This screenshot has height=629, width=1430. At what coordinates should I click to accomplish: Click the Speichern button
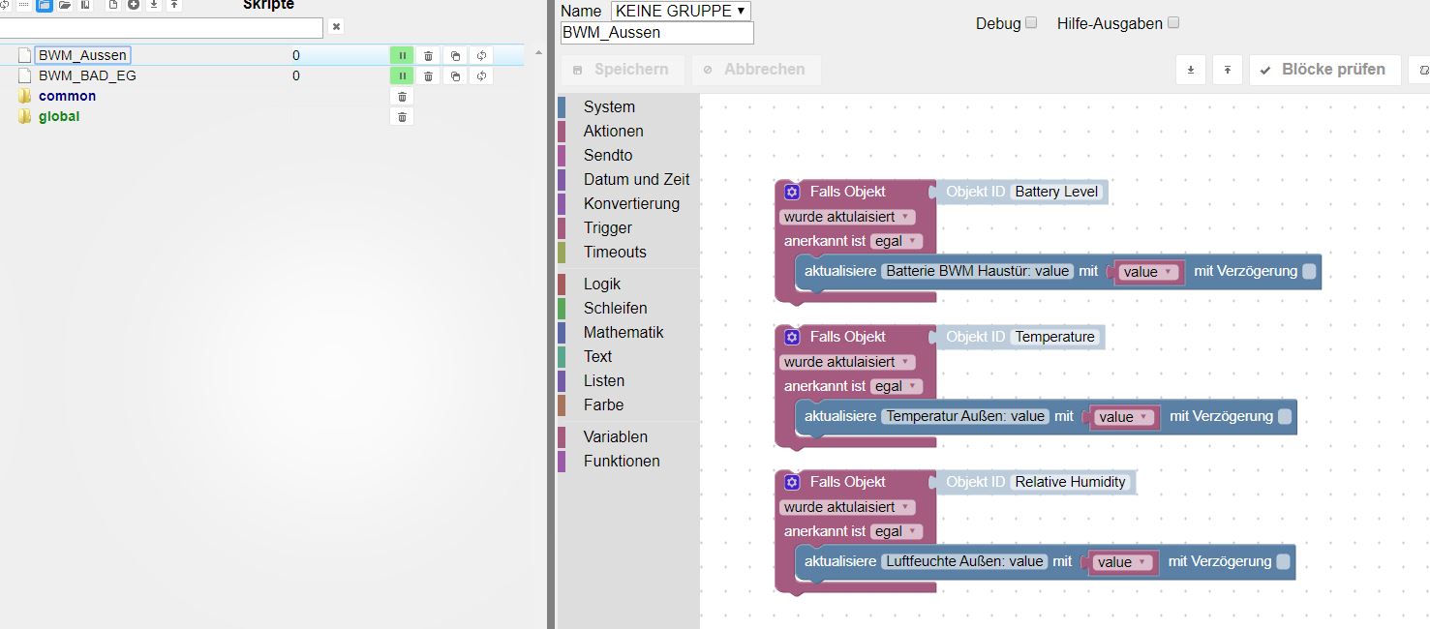(622, 70)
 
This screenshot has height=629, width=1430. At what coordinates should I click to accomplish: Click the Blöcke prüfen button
(1324, 70)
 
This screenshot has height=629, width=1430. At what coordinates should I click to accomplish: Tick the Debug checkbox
(1031, 22)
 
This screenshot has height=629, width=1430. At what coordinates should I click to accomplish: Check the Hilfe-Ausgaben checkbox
(1173, 22)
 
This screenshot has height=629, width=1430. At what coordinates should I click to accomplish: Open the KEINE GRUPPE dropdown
(681, 11)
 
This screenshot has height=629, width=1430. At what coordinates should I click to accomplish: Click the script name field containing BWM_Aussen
(656, 32)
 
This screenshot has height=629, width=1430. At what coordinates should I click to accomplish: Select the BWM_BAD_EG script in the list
(87, 75)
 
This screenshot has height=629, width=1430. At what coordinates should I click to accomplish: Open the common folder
(67, 96)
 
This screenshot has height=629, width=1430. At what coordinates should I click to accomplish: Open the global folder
(59, 116)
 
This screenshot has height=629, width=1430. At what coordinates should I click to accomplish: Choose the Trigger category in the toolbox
(607, 227)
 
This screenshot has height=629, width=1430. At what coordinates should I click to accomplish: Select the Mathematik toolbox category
(623, 332)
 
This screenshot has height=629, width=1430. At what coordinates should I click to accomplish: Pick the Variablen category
(615, 436)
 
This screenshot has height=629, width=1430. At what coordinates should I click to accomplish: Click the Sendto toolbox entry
(607, 155)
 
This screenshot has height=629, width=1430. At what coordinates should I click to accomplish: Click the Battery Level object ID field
(1056, 192)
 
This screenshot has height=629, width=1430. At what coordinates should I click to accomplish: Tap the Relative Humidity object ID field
(1070, 482)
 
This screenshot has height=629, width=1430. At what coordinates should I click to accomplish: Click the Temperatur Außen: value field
(965, 416)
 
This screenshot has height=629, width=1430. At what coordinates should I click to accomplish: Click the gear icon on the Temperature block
(792, 337)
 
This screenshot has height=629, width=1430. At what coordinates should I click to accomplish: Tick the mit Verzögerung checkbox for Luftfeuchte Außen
(1283, 561)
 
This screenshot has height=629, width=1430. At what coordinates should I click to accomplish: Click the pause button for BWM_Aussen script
(402, 55)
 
